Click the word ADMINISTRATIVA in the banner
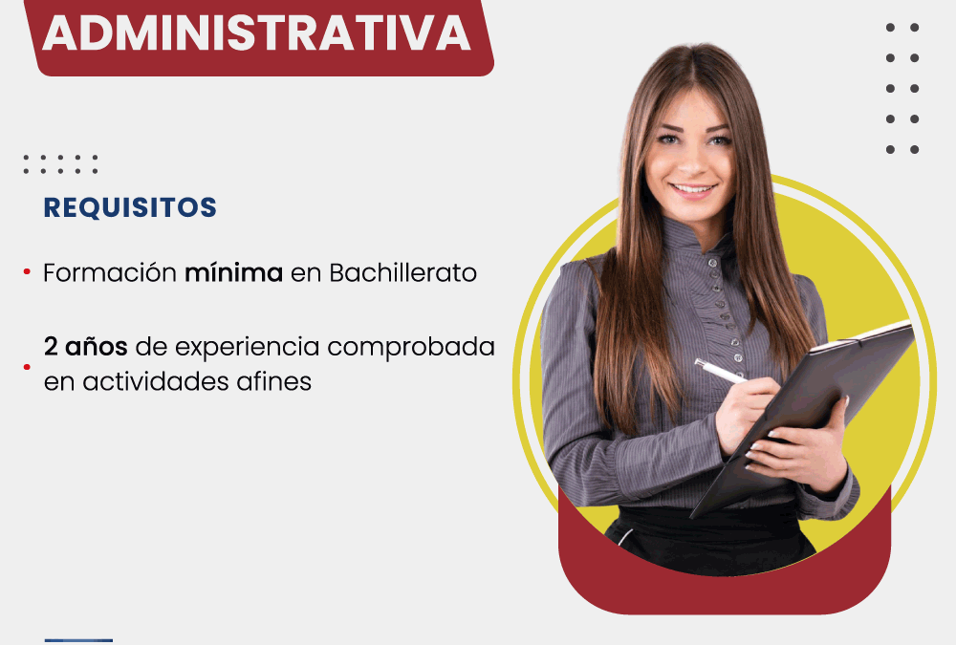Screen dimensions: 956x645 click(x=256, y=32)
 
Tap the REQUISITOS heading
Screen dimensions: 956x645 click(x=130, y=207)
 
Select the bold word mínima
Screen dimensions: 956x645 click(x=233, y=272)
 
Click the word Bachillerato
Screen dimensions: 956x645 click(x=403, y=272)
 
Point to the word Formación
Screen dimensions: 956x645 click(x=110, y=272)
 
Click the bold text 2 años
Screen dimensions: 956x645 click(x=85, y=346)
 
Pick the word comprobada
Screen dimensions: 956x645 click(x=411, y=347)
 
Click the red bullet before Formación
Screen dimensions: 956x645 click(x=27, y=272)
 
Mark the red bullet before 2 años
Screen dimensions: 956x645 click(x=27, y=366)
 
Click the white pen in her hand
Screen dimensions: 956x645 click(x=721, y=371)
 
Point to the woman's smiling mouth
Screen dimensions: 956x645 click(x=693, y=189)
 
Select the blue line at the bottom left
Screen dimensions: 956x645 click(x=78, y=641)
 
